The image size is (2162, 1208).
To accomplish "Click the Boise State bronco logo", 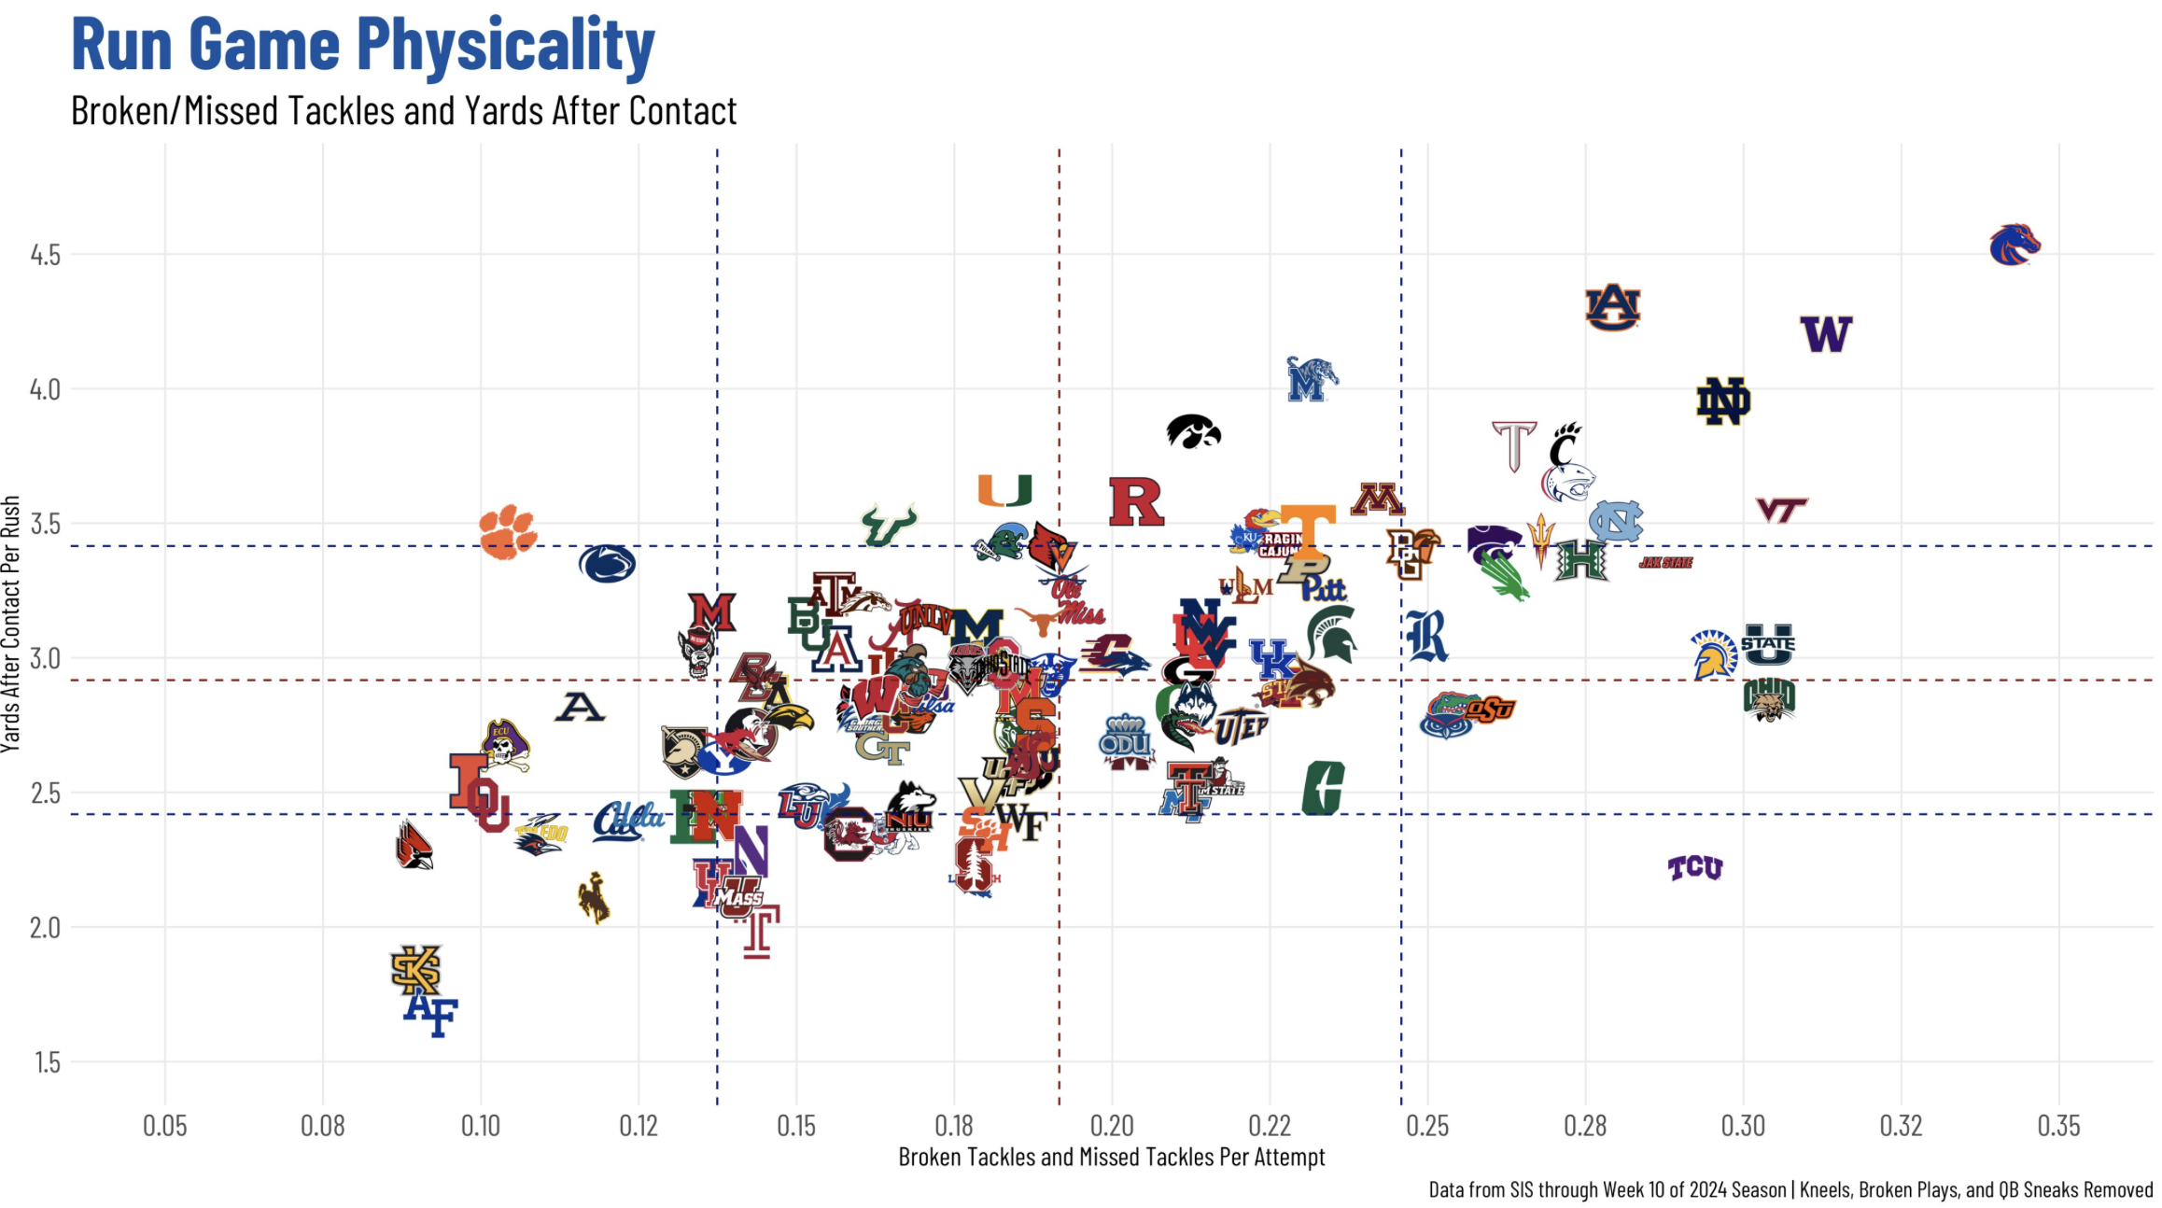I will [2015, 245].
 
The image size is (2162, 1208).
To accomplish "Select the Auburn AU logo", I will [1612, 307].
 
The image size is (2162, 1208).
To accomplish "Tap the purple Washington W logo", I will [1826, 334].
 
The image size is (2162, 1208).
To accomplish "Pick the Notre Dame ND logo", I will [1722, 402].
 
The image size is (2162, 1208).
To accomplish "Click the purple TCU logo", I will [1695, 868].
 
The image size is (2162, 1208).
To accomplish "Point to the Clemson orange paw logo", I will [507, 532].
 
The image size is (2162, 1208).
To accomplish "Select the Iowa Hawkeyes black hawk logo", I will [1193, 431].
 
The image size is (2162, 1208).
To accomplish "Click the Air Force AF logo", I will [430, 1014].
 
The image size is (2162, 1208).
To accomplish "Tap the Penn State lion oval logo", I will [607, 564].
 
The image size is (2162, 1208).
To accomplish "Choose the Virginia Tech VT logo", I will [1781, 510].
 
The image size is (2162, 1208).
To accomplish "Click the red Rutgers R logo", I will [1135, 501].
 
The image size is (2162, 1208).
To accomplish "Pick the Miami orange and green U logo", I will [1004, 490].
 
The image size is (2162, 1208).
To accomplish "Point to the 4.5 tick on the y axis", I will [45, 255].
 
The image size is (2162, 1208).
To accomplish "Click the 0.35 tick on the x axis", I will [2058, 1126].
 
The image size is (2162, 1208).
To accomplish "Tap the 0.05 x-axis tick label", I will [164, 1126].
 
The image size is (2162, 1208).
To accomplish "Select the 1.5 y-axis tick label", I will [48, 1062].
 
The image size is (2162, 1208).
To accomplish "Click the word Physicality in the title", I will [505, 45].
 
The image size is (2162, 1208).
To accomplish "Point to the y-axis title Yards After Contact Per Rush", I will [11, 624].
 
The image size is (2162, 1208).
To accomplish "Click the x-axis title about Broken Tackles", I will [1111, 1158].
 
